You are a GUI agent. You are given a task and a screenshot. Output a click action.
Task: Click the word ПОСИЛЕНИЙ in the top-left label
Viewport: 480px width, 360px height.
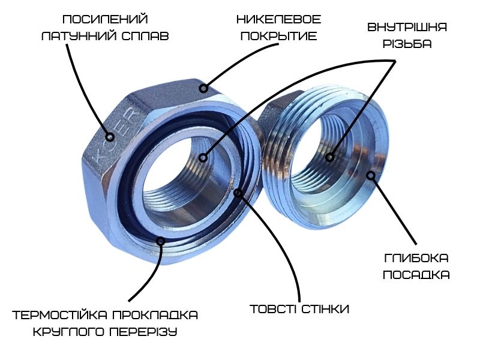click(105, 19)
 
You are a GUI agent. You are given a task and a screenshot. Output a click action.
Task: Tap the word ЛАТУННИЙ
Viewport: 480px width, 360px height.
click(79, 36)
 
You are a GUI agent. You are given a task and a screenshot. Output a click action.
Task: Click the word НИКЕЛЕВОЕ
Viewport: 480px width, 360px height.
click(278, 20)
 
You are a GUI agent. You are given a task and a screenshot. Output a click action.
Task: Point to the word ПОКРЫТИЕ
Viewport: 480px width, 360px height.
click(278, 36)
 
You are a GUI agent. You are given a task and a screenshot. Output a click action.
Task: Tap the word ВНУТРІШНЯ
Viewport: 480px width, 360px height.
click(407, 27)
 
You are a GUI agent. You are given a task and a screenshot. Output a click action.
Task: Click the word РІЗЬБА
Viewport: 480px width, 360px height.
click(407, 44)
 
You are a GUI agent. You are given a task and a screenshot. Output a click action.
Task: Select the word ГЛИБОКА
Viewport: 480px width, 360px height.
click(416, 258)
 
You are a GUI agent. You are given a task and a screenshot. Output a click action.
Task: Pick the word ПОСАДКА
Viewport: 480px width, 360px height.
click(416, 275)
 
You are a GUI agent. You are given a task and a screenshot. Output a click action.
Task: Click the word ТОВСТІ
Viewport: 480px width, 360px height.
click(273, 309)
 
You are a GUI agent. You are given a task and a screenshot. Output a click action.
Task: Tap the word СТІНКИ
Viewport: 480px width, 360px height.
click(325, 309)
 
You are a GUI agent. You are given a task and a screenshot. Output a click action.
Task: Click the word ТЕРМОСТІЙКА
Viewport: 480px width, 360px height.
click(59, 315)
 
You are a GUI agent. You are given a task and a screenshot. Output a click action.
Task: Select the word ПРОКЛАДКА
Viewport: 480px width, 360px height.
click(155, 315)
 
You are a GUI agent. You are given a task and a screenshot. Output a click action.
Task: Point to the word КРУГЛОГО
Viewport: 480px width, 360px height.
click(68, 332)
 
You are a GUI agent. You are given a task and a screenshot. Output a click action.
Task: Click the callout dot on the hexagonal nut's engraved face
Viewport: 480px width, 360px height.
click(110, 137)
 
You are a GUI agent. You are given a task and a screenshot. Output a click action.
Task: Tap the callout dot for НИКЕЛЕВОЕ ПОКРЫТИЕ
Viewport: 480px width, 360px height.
click(203, 88)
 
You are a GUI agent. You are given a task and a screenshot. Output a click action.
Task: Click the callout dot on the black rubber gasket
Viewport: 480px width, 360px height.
click(160, 241)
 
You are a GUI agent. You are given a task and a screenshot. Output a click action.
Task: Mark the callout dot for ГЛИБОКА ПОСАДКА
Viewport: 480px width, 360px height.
click(371, 175)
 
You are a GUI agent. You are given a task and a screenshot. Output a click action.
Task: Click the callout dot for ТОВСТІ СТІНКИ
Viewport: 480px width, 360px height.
click(238, 193)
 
